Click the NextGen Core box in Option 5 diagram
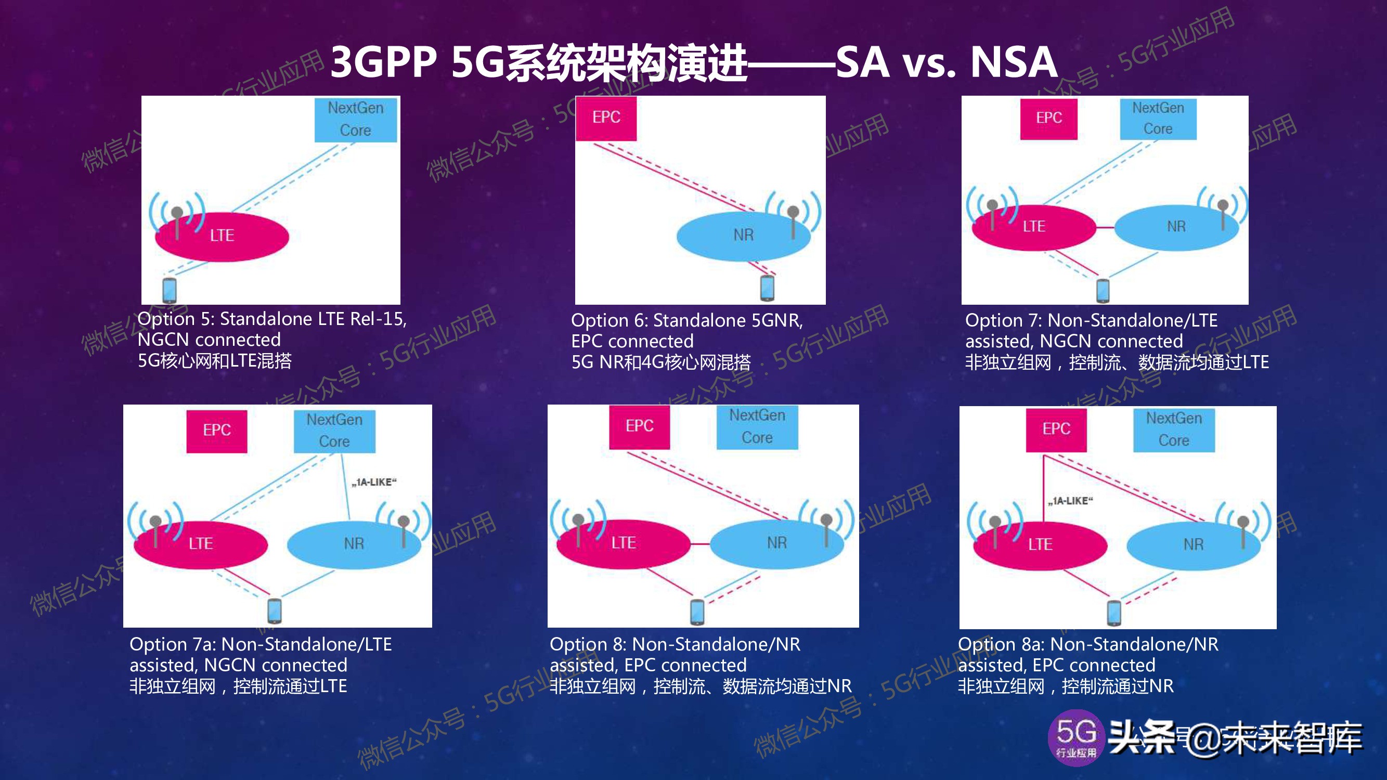355,120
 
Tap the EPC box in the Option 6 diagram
606,118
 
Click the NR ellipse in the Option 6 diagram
743,236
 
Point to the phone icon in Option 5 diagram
170,290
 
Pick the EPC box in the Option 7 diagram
1048,118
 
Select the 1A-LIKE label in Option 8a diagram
1070,501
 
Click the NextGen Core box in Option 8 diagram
757,427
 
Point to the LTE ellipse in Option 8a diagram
1040,545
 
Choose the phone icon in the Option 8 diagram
697,612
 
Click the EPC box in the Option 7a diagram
216,431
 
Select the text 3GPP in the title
383,62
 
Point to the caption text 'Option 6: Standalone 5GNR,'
686,321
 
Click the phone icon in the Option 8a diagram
1113,613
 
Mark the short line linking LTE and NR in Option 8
700,544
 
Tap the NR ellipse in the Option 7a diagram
354,544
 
